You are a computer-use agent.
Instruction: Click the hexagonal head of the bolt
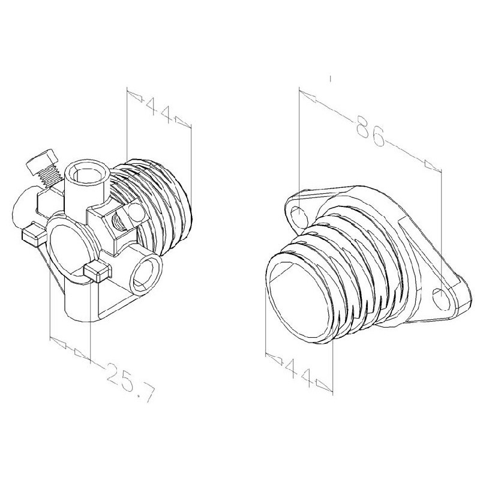click(44, 160)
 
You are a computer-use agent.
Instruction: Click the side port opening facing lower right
click(146, 273)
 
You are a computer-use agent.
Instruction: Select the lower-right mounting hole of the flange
click(440, 297)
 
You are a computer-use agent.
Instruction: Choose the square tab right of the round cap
click(96, 273)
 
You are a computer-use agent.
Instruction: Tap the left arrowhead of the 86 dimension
click(307, 95)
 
